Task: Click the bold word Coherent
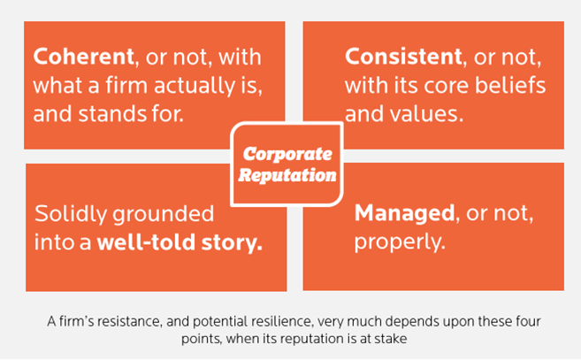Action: [83, 57]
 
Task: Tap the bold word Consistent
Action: [403, 57]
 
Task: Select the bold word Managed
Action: [405, 214]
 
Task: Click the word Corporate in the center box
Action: [287, 154]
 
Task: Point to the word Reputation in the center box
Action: [287, 175]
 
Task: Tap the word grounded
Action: [164, 215]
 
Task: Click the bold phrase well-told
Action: [146, 242]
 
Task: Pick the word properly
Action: [400, 243]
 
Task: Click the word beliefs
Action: [510, 85]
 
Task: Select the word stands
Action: [112, 114]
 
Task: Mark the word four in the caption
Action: [528, 321]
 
